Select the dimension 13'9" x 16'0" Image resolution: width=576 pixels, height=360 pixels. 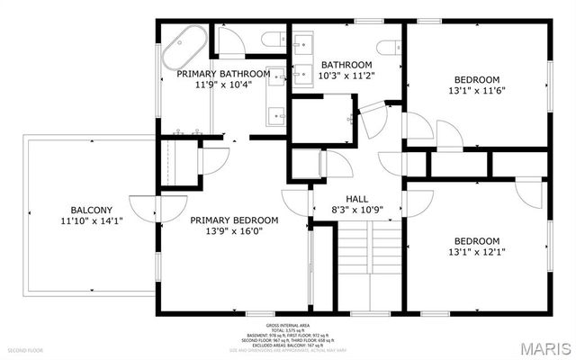pyautogui.click(x=233, y=230)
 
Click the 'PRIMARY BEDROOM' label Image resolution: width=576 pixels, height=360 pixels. pyautogui.click(x=233, y=220)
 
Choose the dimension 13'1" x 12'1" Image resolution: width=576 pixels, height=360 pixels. pyautogui.click(x=476, y=252)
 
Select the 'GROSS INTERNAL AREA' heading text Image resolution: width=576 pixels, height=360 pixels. pyautogui.click(x=287, y=325)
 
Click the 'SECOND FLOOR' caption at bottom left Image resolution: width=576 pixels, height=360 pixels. pyautogui.click(x=24, y=349)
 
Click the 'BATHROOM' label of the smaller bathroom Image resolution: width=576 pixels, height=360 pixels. pyautogui.click(x=346, y=65)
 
